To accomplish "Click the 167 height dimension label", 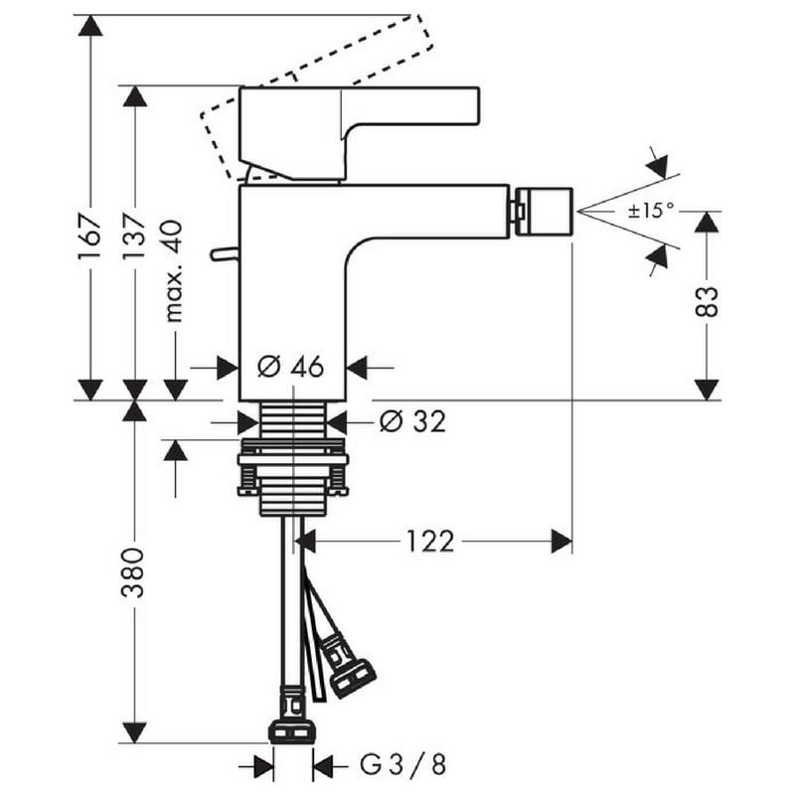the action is [89, 238].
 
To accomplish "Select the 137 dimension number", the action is [134, 237].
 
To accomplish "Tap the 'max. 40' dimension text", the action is [173, 271].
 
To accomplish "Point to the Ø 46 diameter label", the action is [290, 366].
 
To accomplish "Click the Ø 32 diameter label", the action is [413, 420].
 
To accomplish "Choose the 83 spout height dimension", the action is [707, 302].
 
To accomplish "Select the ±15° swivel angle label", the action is [652, 210].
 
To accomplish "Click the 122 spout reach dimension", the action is [430, 541].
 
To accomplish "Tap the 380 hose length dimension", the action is [133, 573].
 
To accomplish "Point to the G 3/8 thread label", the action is [403, 764].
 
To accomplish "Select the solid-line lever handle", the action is [359, 133].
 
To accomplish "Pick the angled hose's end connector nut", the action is [353, 677].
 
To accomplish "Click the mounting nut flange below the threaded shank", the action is [293, 460].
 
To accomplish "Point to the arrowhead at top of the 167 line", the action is [90, 26].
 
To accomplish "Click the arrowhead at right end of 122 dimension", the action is [561, 541].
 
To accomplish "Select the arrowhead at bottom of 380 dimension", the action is [134, 732].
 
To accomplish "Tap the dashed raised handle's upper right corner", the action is [420, 15].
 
